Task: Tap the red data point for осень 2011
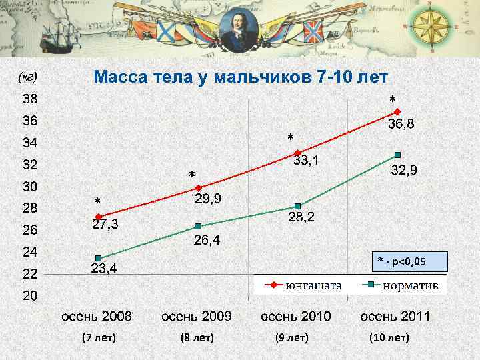click(397, 111)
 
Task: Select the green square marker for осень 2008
click(98, 258)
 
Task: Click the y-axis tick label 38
click(29, 99)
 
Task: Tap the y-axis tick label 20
click(29, 295)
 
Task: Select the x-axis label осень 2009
click(197, 316)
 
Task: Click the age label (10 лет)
click(389, 337)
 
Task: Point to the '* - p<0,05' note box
click(408, 261)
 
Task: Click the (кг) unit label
click(27, 77)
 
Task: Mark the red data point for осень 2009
click(198, 187)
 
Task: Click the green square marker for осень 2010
click(297, 206)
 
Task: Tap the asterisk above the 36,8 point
click(393, 100)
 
